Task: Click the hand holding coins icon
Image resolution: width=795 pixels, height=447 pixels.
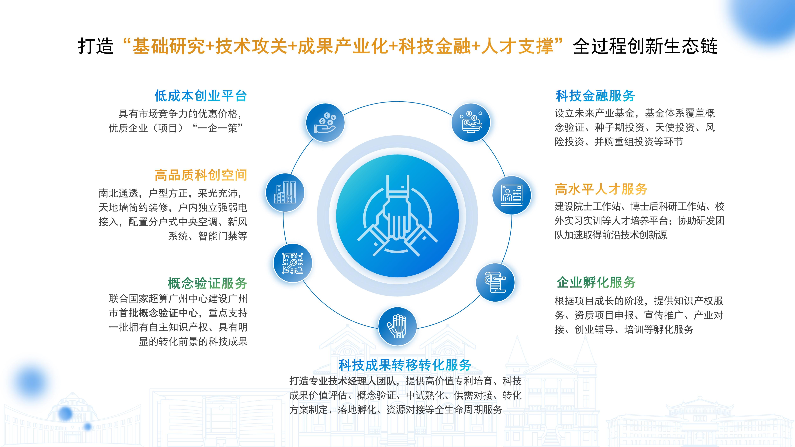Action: coord(325,123)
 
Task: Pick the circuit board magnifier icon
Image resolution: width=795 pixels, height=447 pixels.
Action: coord(293,263)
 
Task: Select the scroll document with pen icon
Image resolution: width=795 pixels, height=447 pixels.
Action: coord(495,282)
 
